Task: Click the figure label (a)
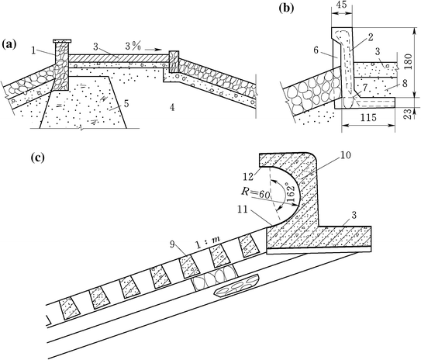click(12, 43)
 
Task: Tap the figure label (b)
click(286, 10)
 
